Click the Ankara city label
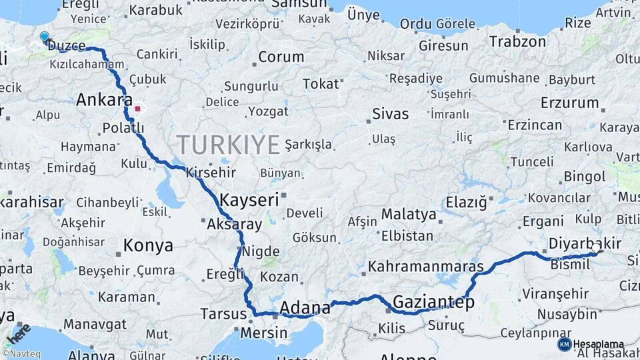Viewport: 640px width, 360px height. click(x=103, y=101)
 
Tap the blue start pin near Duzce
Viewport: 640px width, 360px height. click(x=44, y=37)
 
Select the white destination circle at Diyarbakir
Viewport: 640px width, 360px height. click(x=595, y=247)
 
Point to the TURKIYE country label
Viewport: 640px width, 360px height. click(x=228, y=145)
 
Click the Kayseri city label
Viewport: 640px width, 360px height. click(x=249, y=200)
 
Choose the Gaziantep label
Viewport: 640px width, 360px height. click(x=433, y=303)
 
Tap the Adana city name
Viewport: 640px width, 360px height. click(x=305, y=308)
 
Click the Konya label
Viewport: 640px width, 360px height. click(x=148, y=246)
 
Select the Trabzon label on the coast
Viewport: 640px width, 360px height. click(x=518, y=41)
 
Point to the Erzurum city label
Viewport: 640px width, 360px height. click(x=569, y=103)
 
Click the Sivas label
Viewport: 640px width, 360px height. click(x=391, y=114)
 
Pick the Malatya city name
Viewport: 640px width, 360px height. click(x=409, y=215)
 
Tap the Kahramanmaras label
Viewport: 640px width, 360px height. click(x=426, y=267)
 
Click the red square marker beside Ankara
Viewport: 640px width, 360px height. click(x=138, y=108)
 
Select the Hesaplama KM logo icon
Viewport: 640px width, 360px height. click(x=564, y=344)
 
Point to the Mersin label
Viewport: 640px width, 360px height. click(x=263, y=332)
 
